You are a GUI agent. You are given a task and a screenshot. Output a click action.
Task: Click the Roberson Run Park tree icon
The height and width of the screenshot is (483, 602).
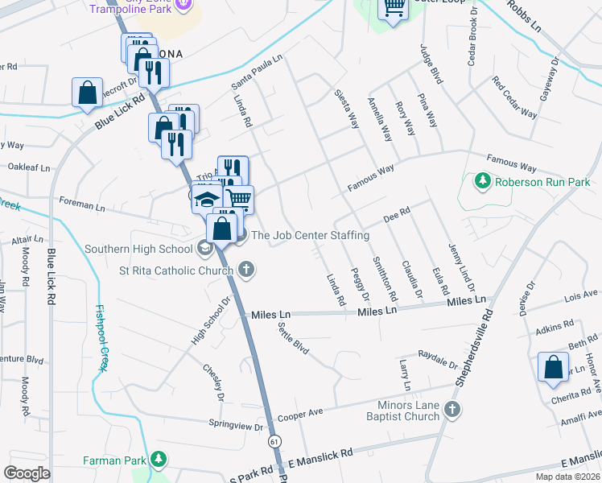[x=483, y=181]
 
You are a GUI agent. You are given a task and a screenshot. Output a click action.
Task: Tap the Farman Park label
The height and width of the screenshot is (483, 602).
[x=117, y=460]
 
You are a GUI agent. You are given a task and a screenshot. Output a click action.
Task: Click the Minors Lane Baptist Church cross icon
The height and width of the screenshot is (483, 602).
[x=452, y=411]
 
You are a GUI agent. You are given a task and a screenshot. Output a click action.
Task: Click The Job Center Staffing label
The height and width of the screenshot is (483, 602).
[x=310, y=236]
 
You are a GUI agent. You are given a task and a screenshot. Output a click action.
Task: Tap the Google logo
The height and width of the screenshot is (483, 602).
[x=27, y=473]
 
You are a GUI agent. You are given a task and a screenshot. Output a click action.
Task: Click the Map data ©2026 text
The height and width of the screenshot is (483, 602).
[x=567, y=477]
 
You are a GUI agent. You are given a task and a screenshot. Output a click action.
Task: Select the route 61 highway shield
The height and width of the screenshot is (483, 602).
[x=276, y=442]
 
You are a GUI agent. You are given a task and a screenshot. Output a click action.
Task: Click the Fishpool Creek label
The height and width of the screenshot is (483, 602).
[x=101, y=337]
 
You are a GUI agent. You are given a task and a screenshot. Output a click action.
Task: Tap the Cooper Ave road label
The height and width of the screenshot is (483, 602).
[x=300, y=415]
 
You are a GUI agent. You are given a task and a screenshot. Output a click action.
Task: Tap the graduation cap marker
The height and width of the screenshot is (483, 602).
[x=207, y=199]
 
